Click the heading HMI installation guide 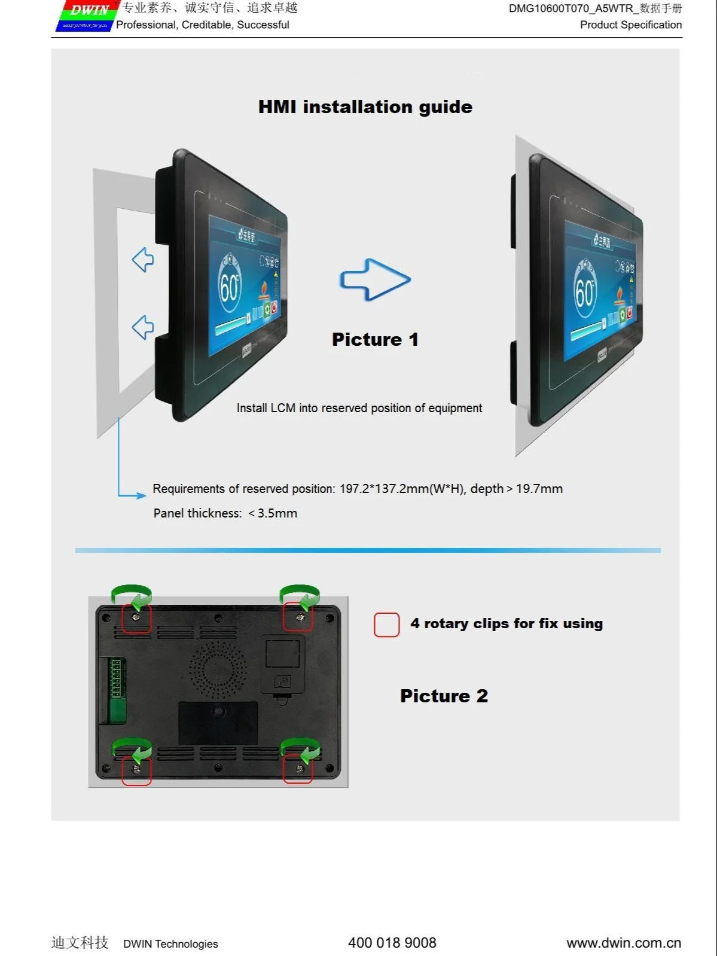[x=365, y=107]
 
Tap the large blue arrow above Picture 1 [x=375, y=279]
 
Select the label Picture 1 [x=375, y=340]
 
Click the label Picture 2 [x=444, y=696]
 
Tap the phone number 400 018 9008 [x=392, y=943]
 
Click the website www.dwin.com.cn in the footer [x=623, y=943]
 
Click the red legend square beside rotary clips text [x=386, y=625]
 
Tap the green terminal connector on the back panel [x=117, y=678]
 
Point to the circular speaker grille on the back [x=218, y=669]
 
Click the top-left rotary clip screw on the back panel [x=136, y=617]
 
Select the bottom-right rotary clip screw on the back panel [x=299, y=769]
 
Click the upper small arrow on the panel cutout [x=143, y=260]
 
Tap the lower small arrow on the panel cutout [x=143, y=327]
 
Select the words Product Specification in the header [x=630, y=25]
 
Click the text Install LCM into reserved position [x=359, y=408]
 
